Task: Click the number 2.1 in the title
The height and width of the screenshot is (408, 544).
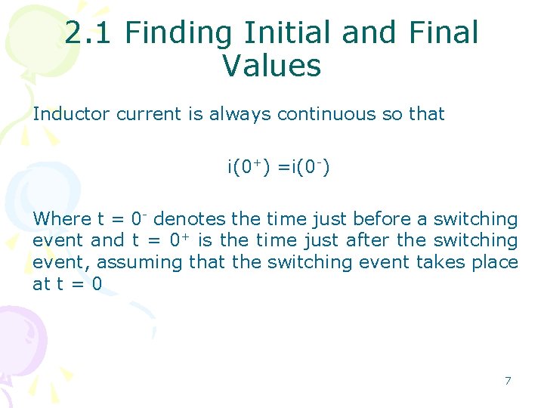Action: coord(90,33)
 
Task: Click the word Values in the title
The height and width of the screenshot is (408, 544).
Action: coord(272,66)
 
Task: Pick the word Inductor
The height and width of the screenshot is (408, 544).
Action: coord(72,114)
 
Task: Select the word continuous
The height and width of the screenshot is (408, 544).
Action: coord(328,114)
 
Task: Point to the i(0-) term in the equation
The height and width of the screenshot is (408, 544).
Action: coord(304,166)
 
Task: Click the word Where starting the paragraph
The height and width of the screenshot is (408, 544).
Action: coord(62,220)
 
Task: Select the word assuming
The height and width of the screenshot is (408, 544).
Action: coord(140,262)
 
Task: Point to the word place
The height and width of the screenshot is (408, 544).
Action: coord(496,262)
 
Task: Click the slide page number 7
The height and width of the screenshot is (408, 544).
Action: coord(508,381)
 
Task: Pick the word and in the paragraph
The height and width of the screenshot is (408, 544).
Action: coord(107,241)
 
